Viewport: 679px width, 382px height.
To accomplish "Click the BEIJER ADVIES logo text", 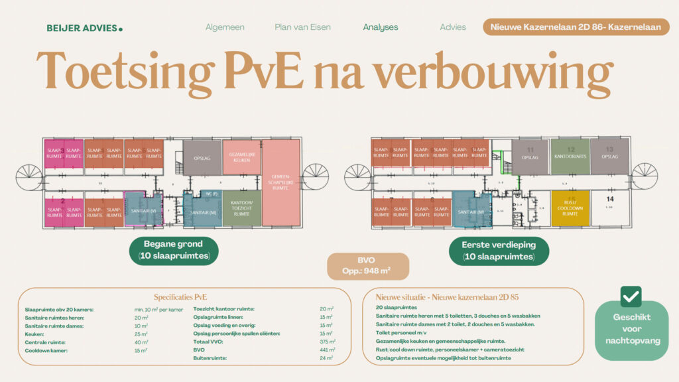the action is pos(84,28).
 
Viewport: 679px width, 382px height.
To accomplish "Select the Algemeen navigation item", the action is pos(225,27).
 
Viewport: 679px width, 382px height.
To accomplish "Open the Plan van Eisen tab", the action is pos(302,27).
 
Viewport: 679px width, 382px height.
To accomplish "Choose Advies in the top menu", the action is pos(453,27).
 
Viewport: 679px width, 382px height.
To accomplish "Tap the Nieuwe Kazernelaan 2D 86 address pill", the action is pos(576,27).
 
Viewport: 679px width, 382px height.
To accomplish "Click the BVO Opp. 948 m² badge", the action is pos(368,265).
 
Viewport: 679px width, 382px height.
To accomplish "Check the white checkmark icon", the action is pos(631,296).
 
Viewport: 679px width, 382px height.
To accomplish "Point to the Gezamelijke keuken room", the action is pos(241,157).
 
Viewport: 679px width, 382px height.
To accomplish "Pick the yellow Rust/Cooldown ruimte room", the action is pos(570,209).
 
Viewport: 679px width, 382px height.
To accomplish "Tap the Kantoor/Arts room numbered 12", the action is pos(570,157).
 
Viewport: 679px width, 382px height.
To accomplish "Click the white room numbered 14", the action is pos(609,208).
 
